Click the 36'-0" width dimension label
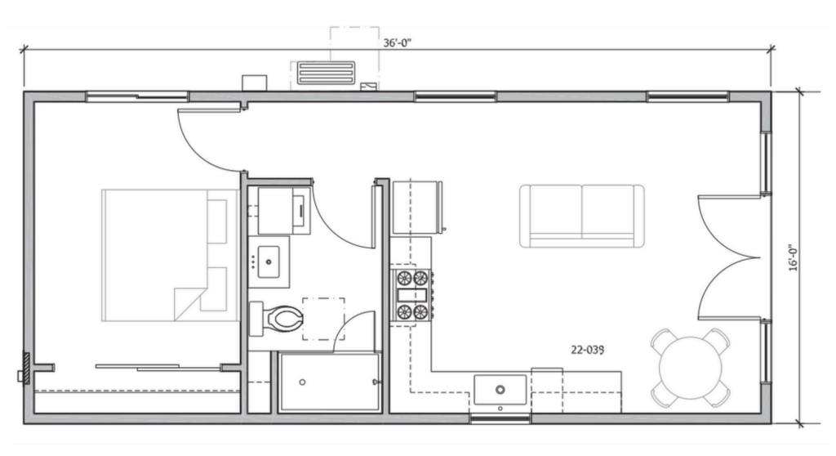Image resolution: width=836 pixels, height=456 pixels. coord(398,42)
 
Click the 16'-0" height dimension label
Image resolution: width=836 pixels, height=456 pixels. coord(794,258)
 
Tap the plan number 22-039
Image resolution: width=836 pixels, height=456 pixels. coord(588,351)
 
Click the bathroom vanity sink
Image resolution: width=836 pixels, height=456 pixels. coord(269,262)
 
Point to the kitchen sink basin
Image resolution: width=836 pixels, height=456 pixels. coord(500,390)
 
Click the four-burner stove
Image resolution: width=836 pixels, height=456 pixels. coord(412,295)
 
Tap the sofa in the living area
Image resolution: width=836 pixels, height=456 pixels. coord(581,217)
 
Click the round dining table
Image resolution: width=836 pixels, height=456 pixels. coord(691,368)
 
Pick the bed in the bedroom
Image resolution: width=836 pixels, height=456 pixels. coord(170,255)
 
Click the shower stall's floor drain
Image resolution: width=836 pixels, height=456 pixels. coord(302,382)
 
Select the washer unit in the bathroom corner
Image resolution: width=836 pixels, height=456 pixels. coord(284,210)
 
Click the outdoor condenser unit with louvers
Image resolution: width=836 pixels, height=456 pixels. coord(327,73)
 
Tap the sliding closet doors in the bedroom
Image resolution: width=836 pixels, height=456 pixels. coord(158,368)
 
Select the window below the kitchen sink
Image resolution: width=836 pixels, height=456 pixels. coord(500,418)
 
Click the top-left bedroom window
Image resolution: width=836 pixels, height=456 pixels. coord(137,96)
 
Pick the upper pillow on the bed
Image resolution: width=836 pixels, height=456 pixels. coord(216,221)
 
